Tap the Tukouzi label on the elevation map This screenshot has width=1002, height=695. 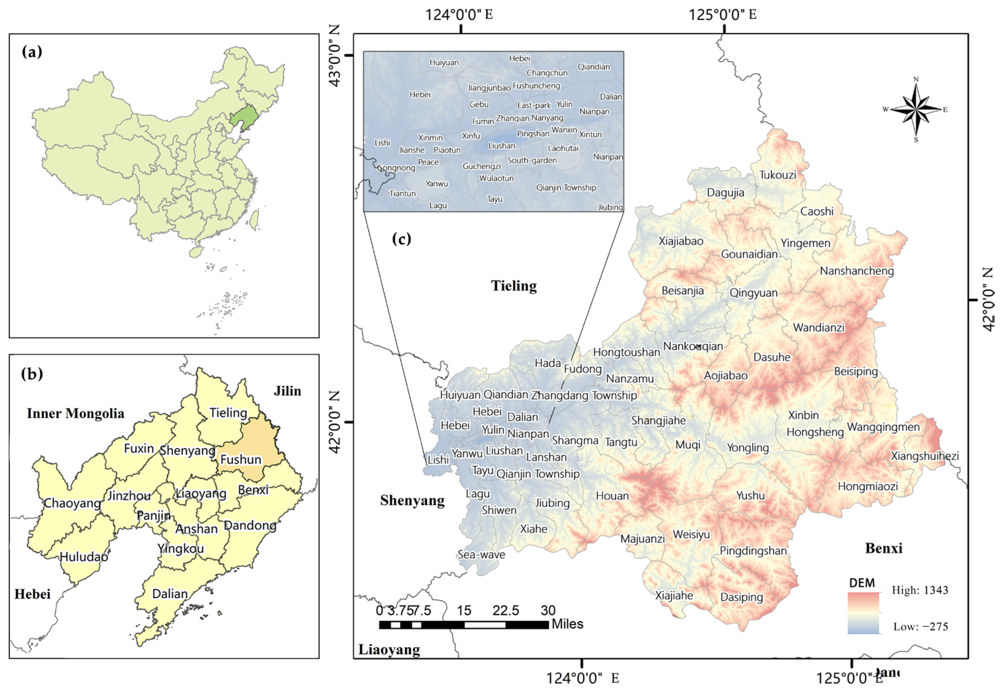click(x=778, y=175)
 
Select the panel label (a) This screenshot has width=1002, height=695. click(x=32, y=52)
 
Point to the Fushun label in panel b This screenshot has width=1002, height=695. click(x=241, y=460)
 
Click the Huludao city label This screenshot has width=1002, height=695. click(x=84, y=556)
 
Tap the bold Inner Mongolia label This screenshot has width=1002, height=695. click(x=75, y=413)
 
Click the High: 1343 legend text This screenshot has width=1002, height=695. click(x=920, y=591)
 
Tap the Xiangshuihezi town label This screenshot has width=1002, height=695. click(x=924, y=456)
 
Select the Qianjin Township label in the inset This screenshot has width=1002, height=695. click(x=566, y=188)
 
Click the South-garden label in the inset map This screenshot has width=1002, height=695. click(x=532, y=160)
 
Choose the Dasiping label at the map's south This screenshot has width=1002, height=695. click(x=742, y=597)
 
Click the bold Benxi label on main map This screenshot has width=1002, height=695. click(x=883, y=548)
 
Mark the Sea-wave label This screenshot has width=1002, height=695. click(x=481, y=555)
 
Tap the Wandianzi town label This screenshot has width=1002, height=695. click(x=819, y=328)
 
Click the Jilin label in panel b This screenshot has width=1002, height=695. click(x=287, y=391)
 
